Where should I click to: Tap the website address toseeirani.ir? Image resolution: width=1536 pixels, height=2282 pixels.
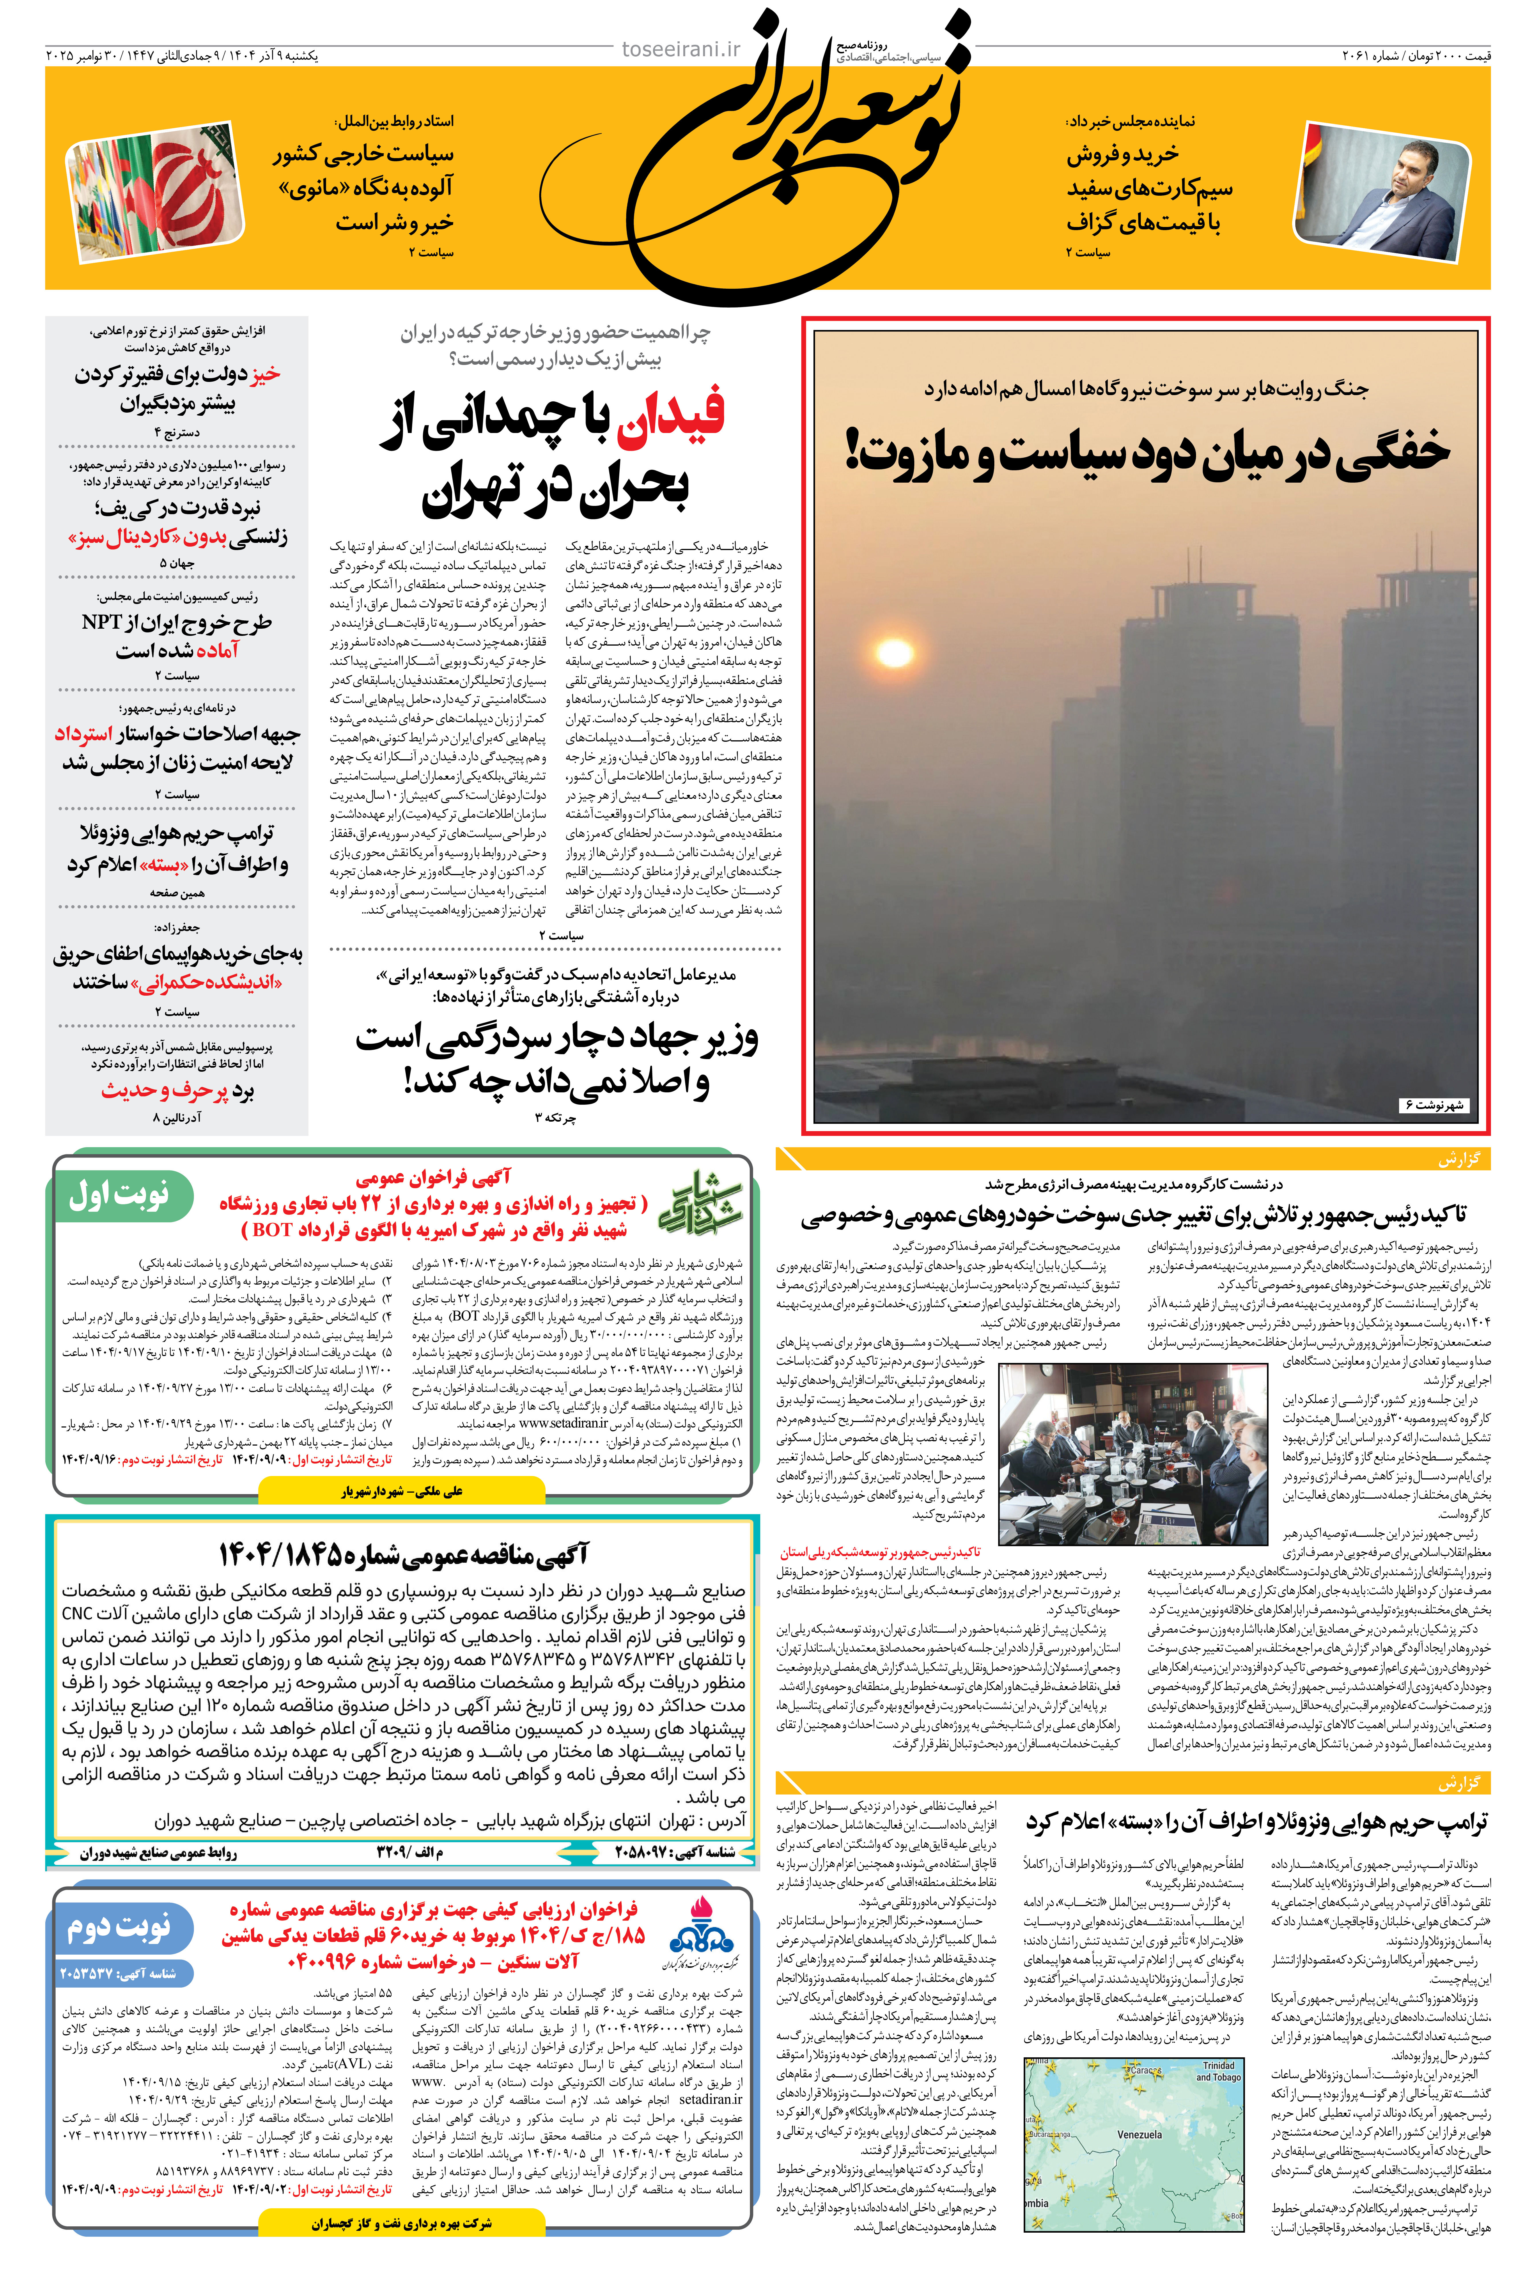point(682,49)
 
